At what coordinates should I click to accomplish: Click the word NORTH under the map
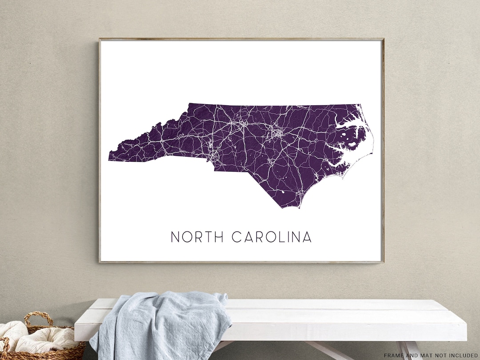197,237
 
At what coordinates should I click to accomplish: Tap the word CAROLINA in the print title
272,237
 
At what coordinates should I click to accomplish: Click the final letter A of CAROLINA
307,237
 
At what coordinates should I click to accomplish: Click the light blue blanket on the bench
160,324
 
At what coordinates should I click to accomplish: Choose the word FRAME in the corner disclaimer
394,355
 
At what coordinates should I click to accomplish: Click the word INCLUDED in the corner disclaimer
462,355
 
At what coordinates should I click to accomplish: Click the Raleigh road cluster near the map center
278,132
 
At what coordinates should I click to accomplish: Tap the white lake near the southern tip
284,192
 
